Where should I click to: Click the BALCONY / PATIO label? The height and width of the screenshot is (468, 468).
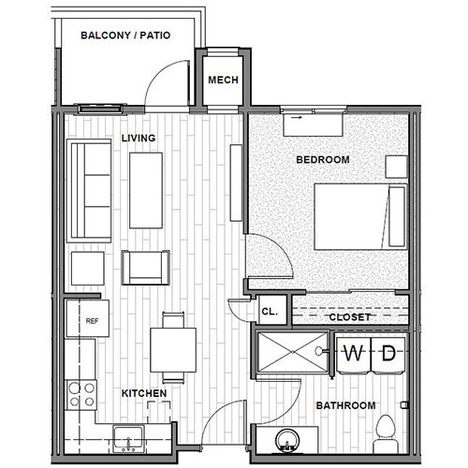124,37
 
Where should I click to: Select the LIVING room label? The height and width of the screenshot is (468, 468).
138,139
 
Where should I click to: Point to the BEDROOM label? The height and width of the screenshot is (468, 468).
322,160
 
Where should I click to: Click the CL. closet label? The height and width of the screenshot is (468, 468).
269,311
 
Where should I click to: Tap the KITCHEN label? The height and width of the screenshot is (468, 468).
144,393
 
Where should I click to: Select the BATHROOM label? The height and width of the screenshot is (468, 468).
345,405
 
